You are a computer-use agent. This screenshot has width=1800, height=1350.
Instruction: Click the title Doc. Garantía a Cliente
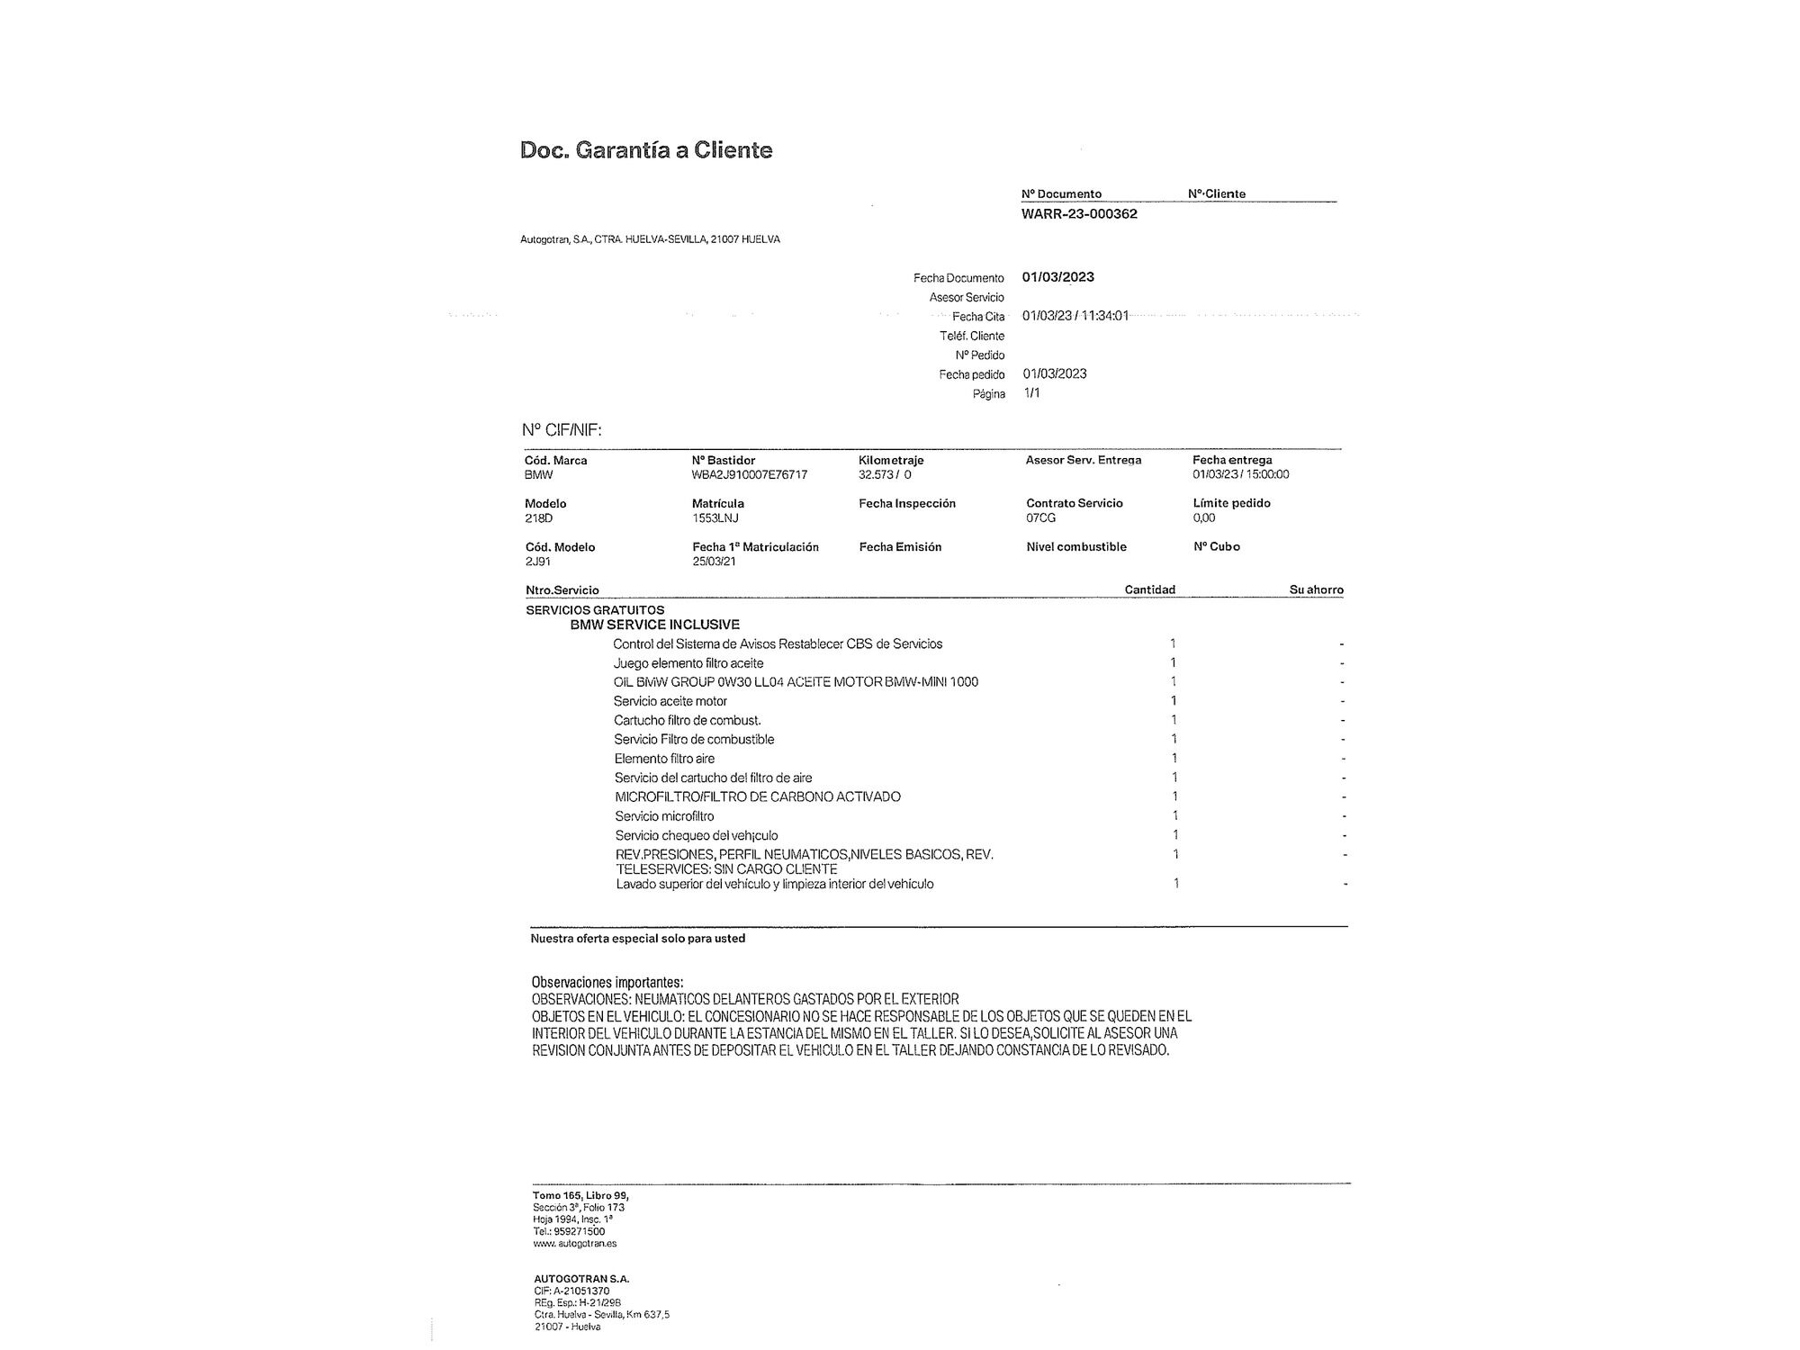[646, 150]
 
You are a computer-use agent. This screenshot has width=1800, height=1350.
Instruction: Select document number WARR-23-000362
[1079, 214]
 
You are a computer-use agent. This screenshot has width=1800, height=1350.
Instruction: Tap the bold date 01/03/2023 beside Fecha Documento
[1057, 277]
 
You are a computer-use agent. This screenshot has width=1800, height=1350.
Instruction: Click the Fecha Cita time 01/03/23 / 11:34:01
[1075, 316]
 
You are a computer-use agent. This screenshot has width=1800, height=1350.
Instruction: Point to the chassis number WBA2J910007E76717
[749, 474]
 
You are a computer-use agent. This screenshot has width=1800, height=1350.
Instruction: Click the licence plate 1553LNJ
[715, 518]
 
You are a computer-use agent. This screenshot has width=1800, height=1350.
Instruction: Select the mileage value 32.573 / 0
[885, 474]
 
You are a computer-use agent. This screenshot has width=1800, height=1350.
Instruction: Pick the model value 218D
[538, 518]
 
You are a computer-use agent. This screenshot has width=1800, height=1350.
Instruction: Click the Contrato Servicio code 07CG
[1040, 518]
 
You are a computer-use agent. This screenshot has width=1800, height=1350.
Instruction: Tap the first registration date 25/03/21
[714, 562]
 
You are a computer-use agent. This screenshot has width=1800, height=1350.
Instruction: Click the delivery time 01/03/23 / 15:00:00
[1240, 474]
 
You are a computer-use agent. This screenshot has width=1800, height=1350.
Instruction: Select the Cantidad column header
[1149, 589]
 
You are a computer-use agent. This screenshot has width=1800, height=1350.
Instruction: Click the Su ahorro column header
[1316, 589]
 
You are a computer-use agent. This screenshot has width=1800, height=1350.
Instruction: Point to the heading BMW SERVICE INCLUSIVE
[654, 625]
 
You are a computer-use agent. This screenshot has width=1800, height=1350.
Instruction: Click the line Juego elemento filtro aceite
[688, 663]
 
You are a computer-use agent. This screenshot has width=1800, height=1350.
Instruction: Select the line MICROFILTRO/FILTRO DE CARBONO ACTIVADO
[757, 796]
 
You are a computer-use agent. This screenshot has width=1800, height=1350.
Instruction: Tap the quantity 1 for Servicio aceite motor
[1174, 701]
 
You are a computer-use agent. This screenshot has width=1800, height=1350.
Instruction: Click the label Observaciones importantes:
[607, 983]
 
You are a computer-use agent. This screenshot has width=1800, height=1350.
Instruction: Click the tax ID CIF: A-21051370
[571, 1291]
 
